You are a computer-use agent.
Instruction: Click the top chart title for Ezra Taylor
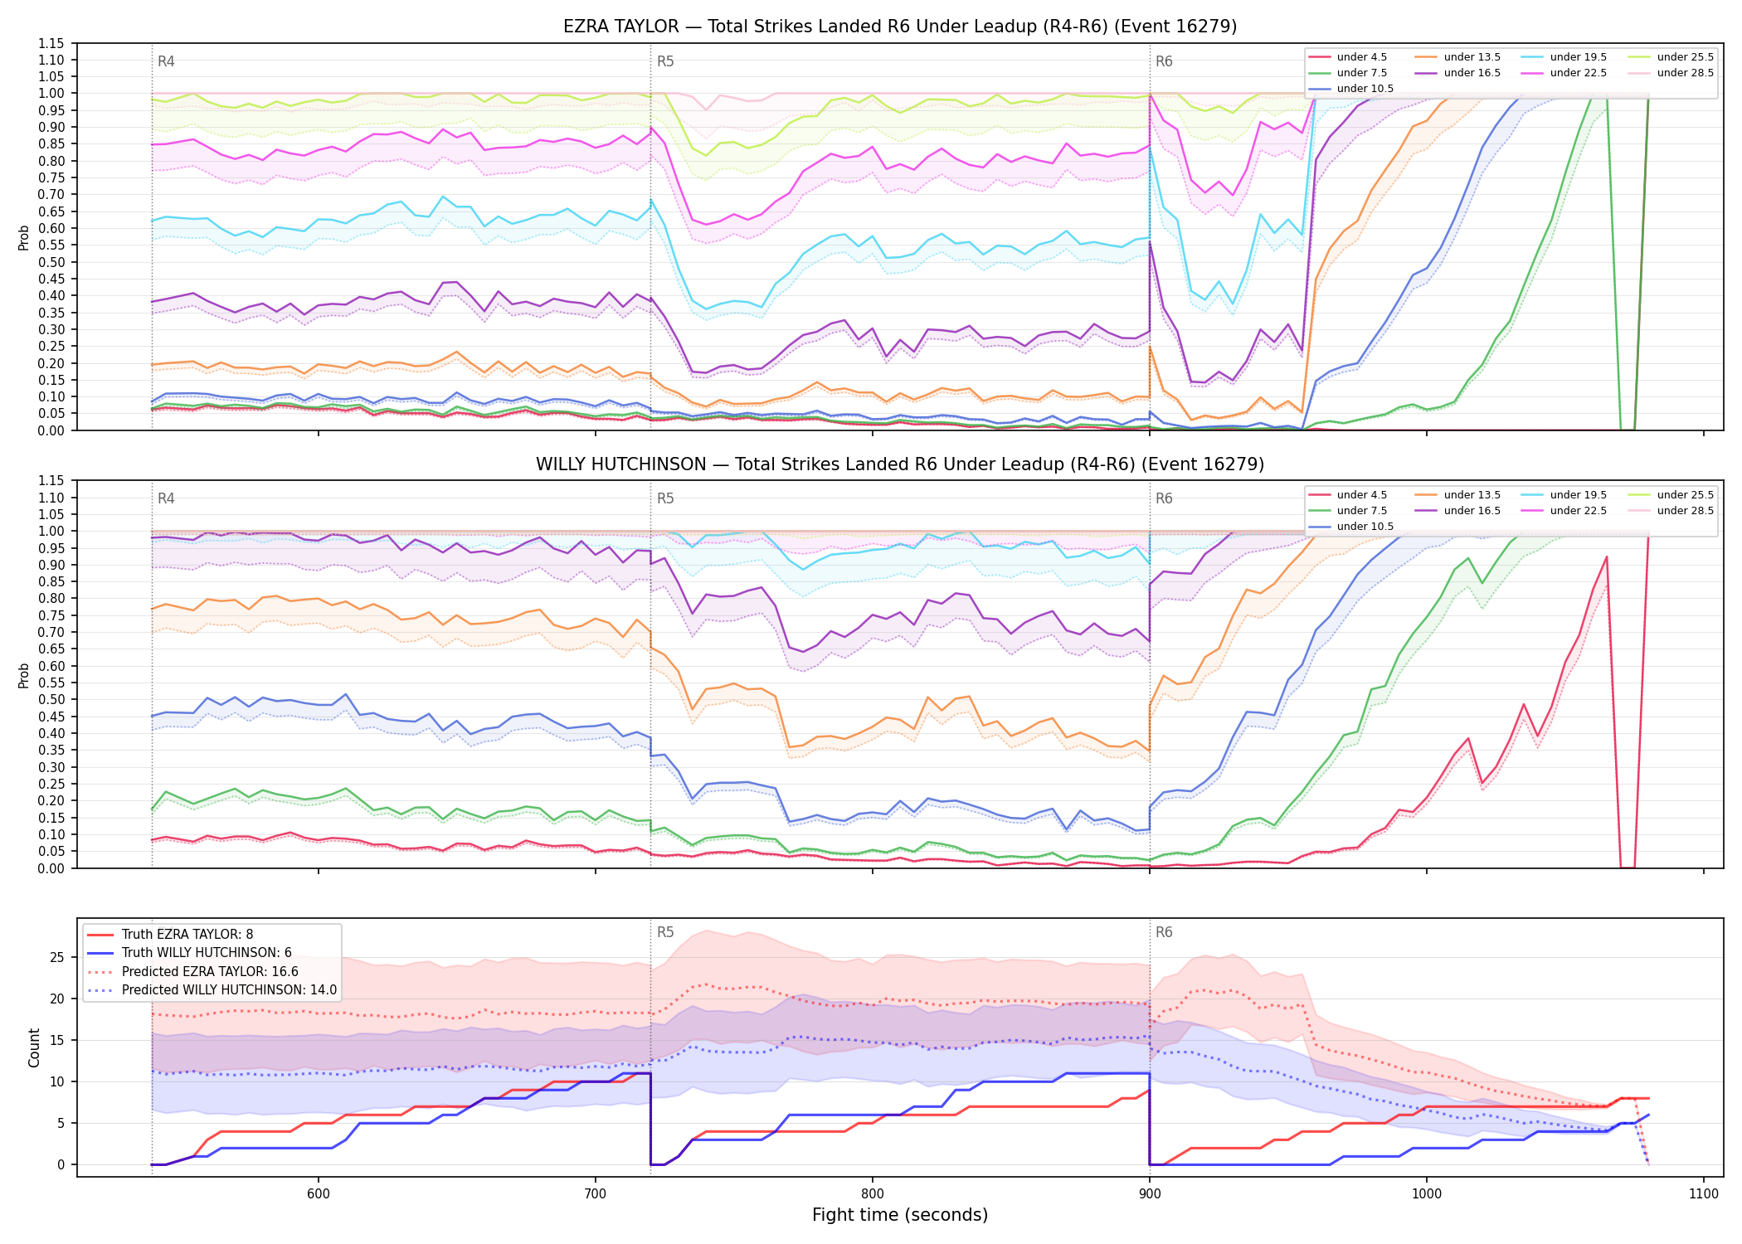coord(900,27)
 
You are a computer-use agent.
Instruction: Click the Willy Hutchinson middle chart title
coord(900,464)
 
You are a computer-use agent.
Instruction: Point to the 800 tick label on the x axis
coord(872,1193)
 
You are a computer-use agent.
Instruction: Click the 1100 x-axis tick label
coord(1703,1193)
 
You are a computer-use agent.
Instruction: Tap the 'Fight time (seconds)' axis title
coord(900,1216)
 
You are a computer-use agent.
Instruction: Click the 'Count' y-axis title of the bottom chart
coord(34,1047)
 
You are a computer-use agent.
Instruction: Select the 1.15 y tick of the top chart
coord(52,44)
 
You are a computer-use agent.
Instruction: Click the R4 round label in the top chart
coord(166,61)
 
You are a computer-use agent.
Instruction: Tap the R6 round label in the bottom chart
coord(1164,933)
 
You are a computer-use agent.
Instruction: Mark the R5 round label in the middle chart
coord(665,499)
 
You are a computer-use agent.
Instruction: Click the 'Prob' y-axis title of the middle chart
coord(24,675)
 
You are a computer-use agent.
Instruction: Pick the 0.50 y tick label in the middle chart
coord(52,700)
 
